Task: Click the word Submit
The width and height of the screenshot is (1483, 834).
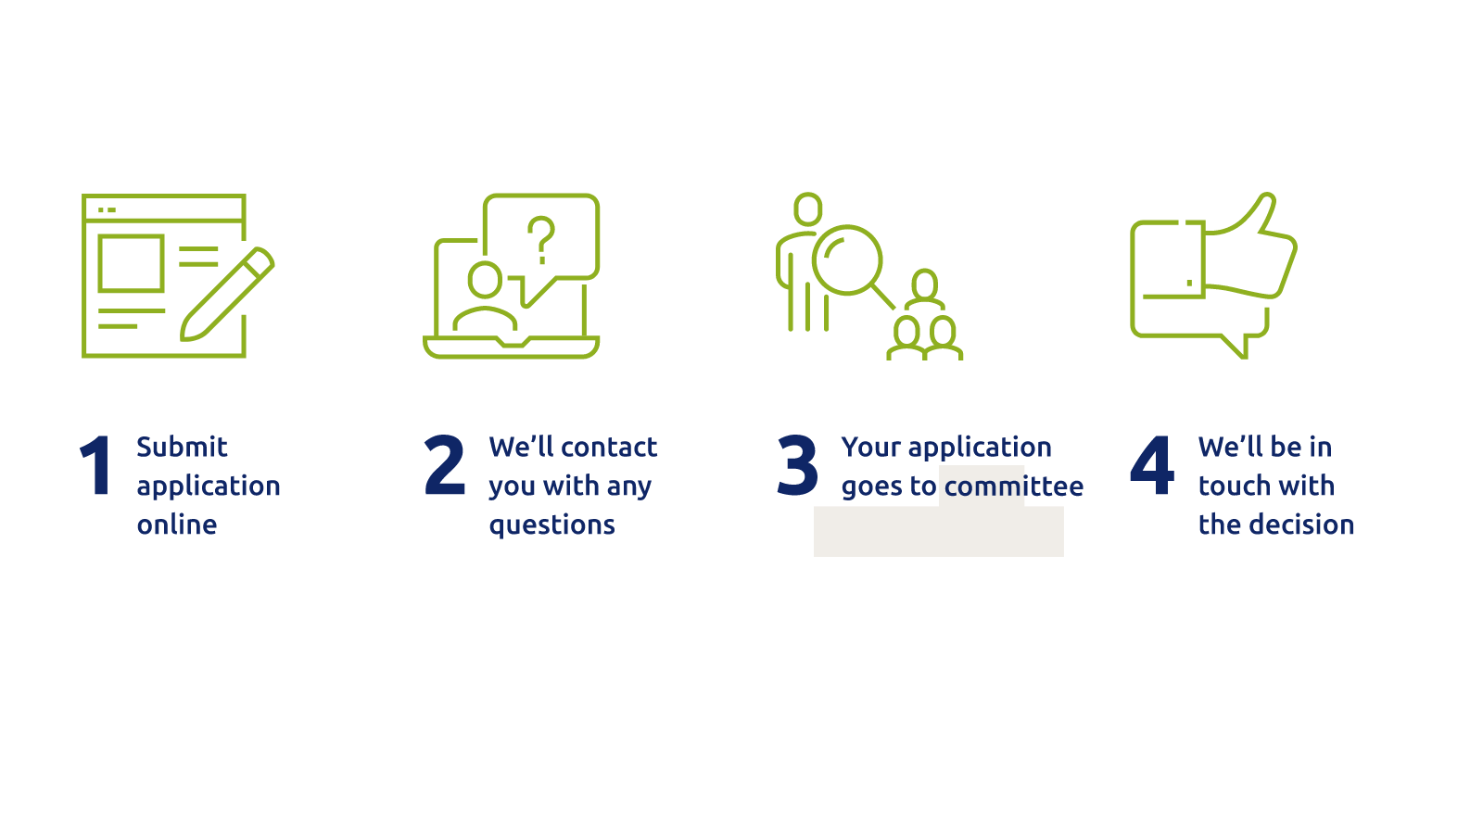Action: click(x=182, y=447)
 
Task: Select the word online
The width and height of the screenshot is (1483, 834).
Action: click(x=177, y=524)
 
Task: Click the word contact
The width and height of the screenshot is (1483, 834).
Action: click(x=609, y=448)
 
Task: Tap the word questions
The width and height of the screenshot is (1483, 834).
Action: click(x=552, y=525)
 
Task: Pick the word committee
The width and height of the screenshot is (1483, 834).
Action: click(x=1014, y=486)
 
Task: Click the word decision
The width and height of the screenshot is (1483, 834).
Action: click(x=1301, y=524)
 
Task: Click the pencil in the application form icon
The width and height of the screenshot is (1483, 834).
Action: click(x=227, y=294)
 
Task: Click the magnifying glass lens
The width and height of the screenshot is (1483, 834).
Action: click(x=847, y=260)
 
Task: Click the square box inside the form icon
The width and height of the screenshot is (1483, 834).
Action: click(x=131, y=263)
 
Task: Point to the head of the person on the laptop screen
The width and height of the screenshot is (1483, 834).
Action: click(x=486, y=279)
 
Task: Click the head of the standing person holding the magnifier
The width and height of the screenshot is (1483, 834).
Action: click(x=807, y=209)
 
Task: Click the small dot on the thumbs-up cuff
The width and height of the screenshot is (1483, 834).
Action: click(x=1190, y=283)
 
